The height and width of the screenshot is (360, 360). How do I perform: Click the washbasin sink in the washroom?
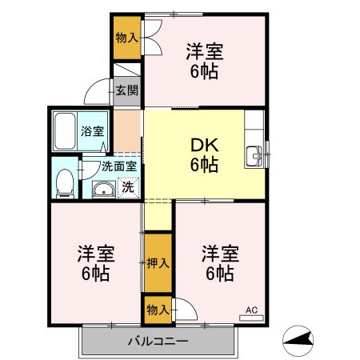click(x=103, y=190)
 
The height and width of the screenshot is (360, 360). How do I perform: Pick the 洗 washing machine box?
click(x=126, y=189)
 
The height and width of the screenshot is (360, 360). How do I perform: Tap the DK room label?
click(x=204, y=146)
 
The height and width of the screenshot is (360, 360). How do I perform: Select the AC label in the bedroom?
click(x=250, y=308)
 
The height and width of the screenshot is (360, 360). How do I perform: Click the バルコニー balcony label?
click(x=158, y=342)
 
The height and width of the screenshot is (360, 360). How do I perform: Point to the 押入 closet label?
click(x=158, y=262)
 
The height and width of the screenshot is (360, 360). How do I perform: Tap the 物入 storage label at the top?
click(x=126, y=38)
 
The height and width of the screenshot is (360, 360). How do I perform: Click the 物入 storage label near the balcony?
click(x=157, y=309)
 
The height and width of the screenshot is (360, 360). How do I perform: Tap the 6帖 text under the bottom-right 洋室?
click(x=218, y=274)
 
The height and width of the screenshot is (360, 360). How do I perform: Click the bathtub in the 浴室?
click(x=66, y=132)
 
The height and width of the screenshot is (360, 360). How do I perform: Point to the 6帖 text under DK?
click(x=204, y=166)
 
